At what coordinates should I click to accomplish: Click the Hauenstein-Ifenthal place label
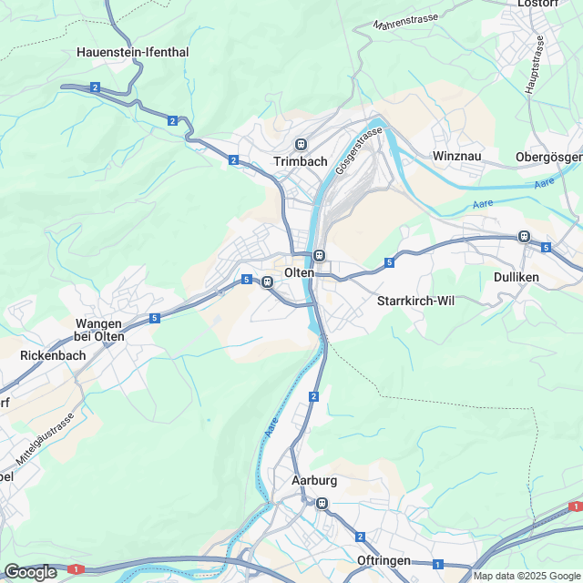tap(133, 52)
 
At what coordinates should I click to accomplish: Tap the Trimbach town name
tap(300, 161)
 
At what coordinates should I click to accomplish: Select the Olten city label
tap(299, 273)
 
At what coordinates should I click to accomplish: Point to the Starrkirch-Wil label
tap(415, 301)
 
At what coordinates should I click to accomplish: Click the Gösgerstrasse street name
tap(358, 151)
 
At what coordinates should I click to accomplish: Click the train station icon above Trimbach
tap(301, 144)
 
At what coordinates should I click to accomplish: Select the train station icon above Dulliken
tap(524, 236)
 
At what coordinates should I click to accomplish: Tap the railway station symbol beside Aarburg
tap(321, 503)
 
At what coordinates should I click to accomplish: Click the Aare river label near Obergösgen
tap(545, 183)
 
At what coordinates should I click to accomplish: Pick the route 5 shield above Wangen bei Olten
tap(155, 318)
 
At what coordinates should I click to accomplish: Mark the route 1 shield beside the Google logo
tap(76, 569)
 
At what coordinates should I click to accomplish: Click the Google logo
tap(30, 571)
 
